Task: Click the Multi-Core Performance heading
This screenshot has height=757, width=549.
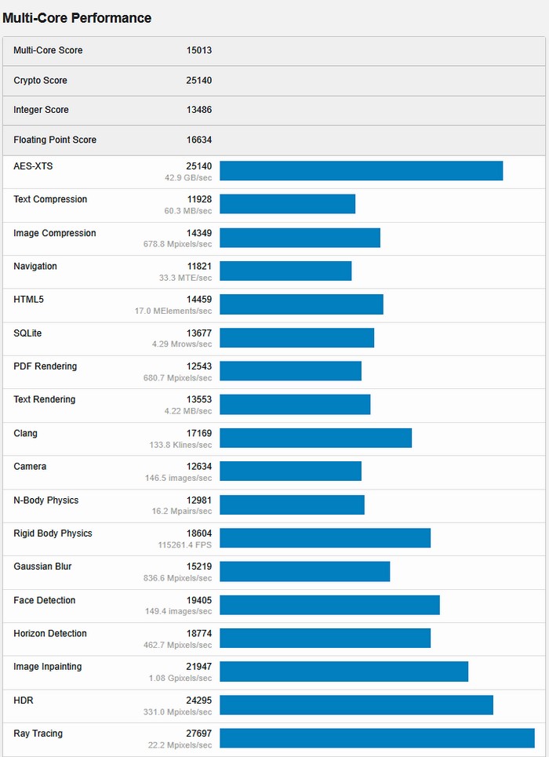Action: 77,18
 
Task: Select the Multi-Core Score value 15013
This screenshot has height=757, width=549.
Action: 199,50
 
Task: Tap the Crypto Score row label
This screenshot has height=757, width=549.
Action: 40,80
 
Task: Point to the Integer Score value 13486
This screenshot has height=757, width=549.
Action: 199,110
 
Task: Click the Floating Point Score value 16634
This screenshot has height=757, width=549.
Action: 199,140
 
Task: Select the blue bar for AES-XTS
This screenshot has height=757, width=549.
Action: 361,170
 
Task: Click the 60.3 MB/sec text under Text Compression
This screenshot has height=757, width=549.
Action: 187,211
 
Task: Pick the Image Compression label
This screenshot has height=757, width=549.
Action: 55,233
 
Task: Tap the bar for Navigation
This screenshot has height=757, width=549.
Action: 285,271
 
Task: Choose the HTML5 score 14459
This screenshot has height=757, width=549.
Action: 199,300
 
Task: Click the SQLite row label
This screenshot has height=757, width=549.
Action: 27,333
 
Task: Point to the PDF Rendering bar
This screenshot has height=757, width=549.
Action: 290,370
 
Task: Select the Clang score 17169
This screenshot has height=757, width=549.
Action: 199,433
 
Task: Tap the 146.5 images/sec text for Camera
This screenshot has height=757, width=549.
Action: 179,477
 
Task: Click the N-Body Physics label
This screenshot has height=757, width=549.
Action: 45,500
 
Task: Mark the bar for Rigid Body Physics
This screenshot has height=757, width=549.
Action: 325,537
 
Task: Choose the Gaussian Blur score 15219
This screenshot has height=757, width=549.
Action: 199,566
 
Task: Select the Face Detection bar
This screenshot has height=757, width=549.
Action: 329,605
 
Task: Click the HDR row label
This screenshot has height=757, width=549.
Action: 24,700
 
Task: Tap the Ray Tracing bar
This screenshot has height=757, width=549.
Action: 376,738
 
